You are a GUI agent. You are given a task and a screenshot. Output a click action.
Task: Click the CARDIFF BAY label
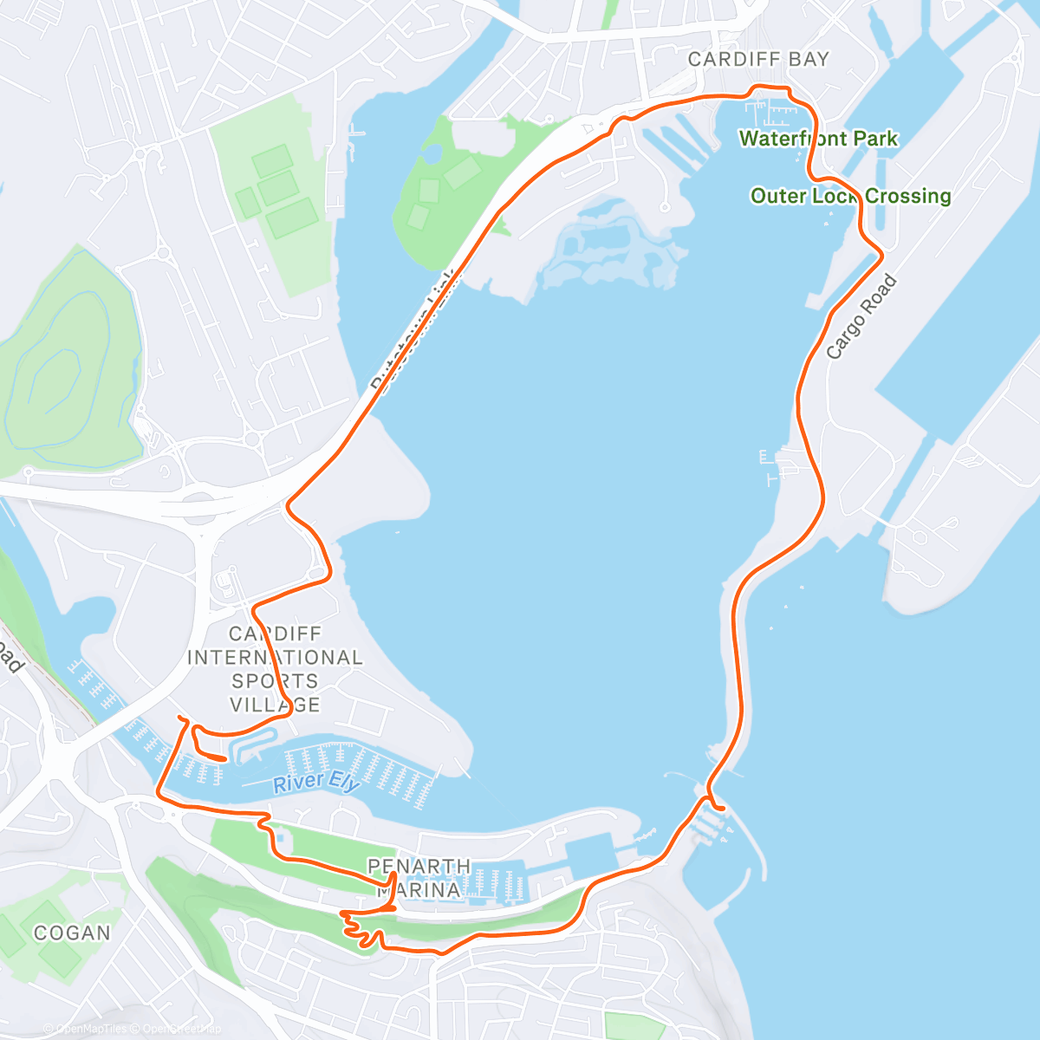point(758,60)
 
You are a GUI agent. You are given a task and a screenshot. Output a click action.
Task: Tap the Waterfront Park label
point(818,139)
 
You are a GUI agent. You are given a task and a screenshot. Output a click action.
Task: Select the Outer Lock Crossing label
point(850,196)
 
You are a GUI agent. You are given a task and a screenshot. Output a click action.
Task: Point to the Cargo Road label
point(861,317)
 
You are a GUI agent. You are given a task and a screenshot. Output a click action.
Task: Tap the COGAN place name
point(72,933)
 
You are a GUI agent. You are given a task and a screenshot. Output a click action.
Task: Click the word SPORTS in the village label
point(275,681)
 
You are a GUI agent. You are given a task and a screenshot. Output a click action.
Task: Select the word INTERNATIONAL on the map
point(275,658)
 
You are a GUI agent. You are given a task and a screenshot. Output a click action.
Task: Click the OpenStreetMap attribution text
point(178,1029)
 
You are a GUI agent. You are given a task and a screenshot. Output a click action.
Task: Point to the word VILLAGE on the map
point(275,705)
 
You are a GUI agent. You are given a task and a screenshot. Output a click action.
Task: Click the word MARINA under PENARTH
point(419,890)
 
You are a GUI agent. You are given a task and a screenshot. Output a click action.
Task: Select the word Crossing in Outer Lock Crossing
point(907,196)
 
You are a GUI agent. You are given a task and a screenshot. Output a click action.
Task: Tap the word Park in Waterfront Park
point(875,139)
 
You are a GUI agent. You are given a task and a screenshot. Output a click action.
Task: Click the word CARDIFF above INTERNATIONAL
point(275,634)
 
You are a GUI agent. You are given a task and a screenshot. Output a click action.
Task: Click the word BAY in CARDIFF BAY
point(808,60)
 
